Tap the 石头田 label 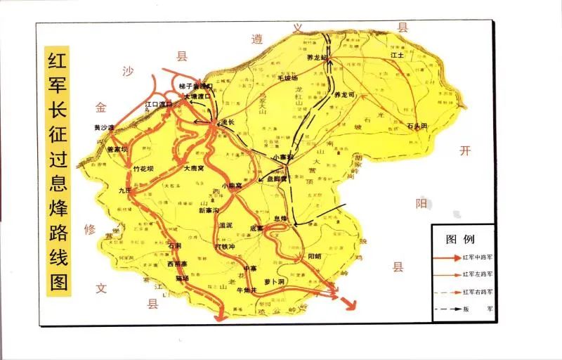click(x=417, y=125)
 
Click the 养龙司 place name click(x=345, y=94)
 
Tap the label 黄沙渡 click(x=104, y=127)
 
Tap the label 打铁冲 click(x=226, y=247)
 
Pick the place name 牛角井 click(x=249, y=290)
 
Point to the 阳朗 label click(x=314, y=257)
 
